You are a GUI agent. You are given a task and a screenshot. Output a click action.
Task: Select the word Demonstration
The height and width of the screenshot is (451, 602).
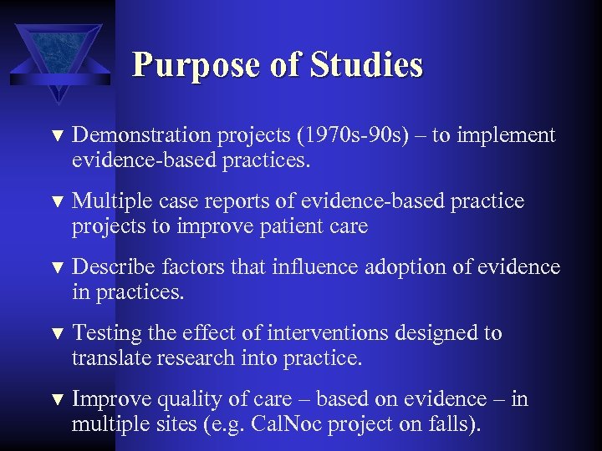pyautogui.click(x=141, y=135)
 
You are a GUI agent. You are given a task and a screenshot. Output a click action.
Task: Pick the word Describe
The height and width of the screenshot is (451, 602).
pyautogui.click(x=111, y=267)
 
